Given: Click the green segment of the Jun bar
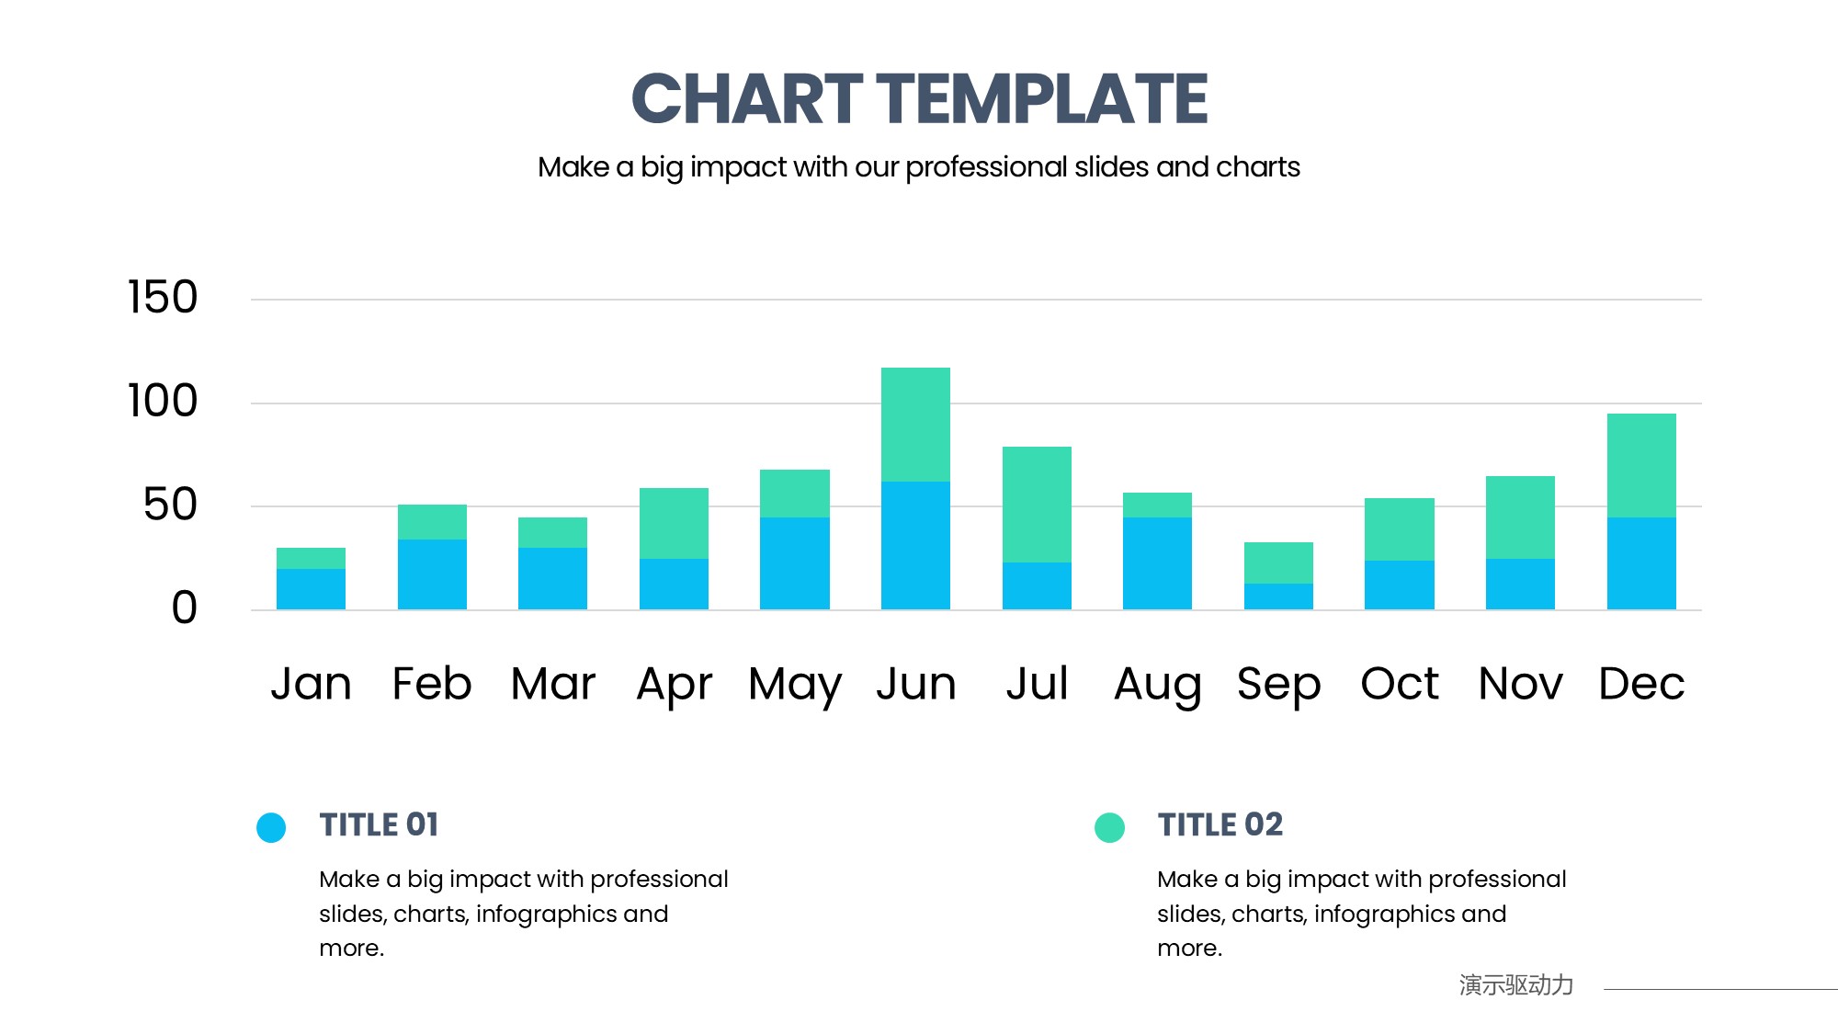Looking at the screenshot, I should [915, 425].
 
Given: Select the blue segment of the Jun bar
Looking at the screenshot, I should [915, 545].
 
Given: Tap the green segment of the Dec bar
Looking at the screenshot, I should [1641, 465].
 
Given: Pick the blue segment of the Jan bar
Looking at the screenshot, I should [311, 589].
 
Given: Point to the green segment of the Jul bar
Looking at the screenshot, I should [1037, 505].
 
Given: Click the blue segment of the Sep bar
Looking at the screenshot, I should [1278, 597].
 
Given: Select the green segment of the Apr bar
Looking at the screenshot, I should [674, 523].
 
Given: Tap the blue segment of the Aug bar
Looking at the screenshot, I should [1157, 563].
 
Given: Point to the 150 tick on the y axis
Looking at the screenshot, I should [163, 298].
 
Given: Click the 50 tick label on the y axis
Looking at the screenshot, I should [170, 505].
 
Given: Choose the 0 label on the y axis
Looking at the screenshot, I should [184, 608].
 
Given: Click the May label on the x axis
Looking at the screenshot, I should [795, 685].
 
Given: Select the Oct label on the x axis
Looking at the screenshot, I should [1399, 684].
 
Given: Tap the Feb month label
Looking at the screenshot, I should [432, 684].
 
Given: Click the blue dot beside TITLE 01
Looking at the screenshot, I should [271, 827].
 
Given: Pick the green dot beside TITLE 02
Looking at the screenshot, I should [1109, 827].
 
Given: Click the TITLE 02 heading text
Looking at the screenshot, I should [1220, 824].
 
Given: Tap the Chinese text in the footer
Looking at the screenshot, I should [1515, 985].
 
